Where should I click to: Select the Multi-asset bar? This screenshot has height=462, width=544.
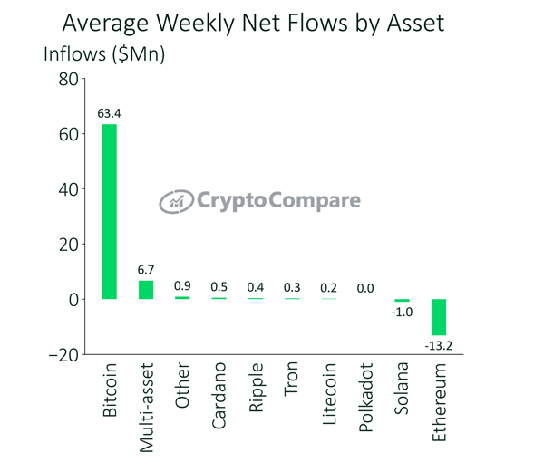tap(146, 290)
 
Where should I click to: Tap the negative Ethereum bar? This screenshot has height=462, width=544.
tap(439, 317)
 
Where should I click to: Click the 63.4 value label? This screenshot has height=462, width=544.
tap(109, 113)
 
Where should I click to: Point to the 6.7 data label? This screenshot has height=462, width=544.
tap(146, 270)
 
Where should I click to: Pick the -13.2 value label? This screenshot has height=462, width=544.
tap(439, 345)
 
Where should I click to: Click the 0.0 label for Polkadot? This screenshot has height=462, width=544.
tap(365, 288)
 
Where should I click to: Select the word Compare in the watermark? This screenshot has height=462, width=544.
tap(315, 200)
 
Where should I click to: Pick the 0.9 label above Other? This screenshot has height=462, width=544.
tap(182, 286)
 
